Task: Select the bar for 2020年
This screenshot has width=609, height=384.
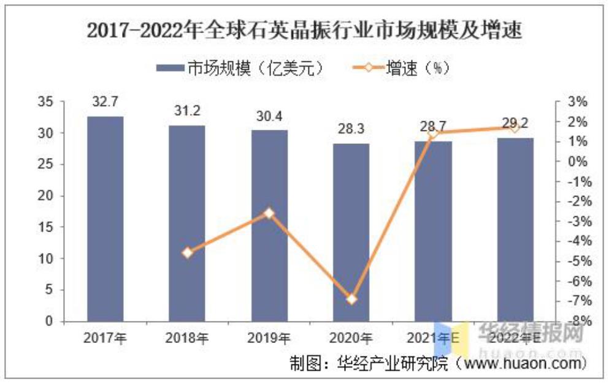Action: pyautogui.click(x=351, y=233)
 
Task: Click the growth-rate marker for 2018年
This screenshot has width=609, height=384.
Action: pyautogui.click(x=187, y=252)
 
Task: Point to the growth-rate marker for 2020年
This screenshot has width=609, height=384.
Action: pyautogui.click(x=351, y=299)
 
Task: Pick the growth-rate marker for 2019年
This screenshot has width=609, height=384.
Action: pyautogui.click(x=269, y=213)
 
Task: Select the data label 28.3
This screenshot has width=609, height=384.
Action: pyautogui.click(x=351, y=130)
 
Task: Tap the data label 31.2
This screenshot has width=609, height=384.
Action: pyautogui.click(x=187, y=112)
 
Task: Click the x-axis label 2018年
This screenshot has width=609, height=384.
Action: pyautogui.click(x=187, y=337)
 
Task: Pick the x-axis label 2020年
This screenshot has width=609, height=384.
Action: pyautogui.click(x=351, y=337)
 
